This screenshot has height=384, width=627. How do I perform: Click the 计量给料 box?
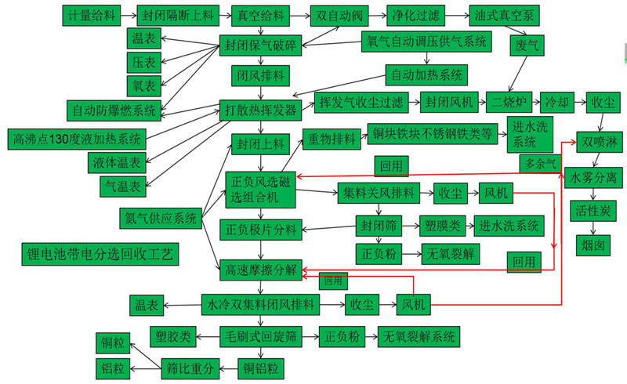[x=93, y=15]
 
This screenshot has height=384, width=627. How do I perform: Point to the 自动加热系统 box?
[x=426, y=75]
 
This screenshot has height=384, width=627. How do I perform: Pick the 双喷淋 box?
[x=600, y=144]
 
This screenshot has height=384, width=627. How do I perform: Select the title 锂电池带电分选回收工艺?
[x=100, y=255]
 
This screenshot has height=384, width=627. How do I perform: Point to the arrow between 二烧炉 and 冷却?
[x=533, y=102]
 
